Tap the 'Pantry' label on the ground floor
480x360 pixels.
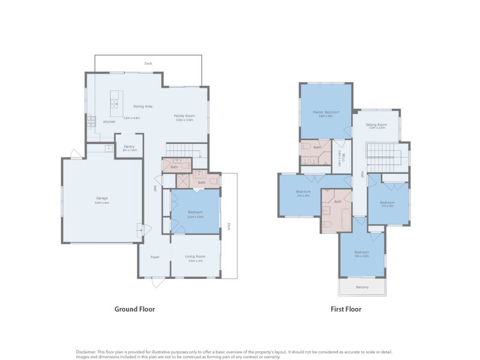point(129,146)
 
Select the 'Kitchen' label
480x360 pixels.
point(109,122)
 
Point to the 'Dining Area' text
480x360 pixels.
point(142,106)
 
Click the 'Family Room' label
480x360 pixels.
point(184,115)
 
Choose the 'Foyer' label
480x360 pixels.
point(155,256)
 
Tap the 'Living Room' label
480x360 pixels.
point(196,256)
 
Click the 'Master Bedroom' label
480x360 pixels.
point(326,112)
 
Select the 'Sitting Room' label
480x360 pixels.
point(376,124)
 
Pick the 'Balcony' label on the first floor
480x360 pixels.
point(362,287)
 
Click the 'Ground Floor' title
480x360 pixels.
point(135,310)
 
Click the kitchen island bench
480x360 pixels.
point(115,103)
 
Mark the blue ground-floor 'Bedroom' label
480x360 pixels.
point(195,212)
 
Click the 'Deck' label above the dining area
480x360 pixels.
point(148,63)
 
